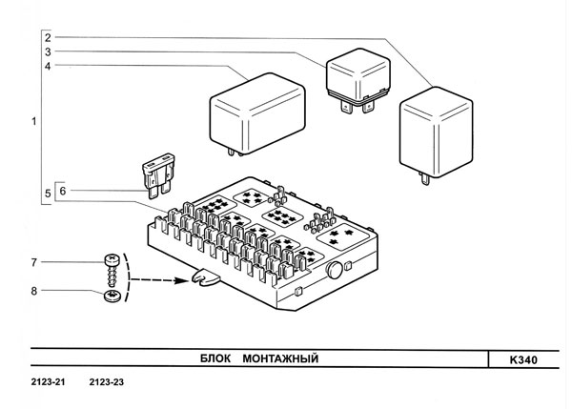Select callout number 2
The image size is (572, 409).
(46, 36)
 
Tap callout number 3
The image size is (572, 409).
(46, 51)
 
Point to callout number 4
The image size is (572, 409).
(46, 66)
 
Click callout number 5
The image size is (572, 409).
(46, 194)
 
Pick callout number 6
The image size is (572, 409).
(63, 191)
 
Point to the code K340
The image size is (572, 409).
(523, 360)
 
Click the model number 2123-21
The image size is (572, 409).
(49, 383)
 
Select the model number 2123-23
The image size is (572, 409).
(107, 383)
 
